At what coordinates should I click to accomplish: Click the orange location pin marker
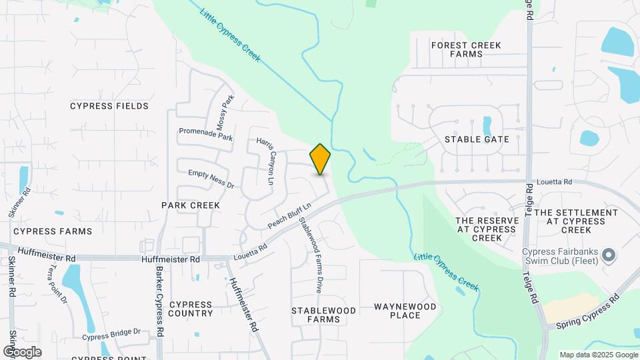pos(321,159)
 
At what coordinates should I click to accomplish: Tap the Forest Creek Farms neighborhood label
pos(466,50)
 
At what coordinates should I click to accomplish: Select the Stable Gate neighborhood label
pos(477,139)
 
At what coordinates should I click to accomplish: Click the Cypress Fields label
pos(109,106)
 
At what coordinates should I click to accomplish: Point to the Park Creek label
pos(191,205)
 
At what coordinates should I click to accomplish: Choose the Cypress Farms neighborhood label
pos(53,231)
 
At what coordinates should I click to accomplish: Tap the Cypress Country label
pos(191,309)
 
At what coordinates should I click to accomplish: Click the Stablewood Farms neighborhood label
pos(323,315)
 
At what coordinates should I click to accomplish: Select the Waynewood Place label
pos(405,311)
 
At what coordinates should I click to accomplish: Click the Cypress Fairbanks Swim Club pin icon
pos(607,255)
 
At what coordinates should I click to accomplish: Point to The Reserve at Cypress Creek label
pos(486,229)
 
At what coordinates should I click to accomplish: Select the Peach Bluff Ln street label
pos(290,214)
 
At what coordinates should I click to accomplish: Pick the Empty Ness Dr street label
pos(211,177)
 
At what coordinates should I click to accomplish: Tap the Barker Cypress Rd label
pos(160,301)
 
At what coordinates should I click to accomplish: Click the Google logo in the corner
pos(22,351)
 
